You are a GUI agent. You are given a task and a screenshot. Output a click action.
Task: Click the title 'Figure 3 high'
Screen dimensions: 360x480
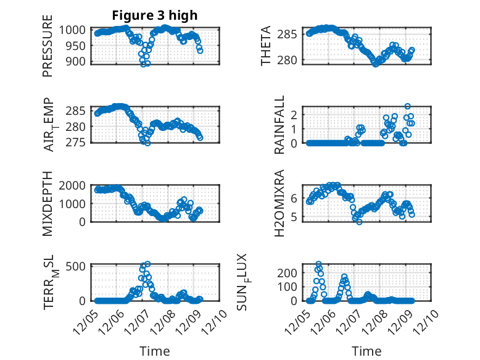155,15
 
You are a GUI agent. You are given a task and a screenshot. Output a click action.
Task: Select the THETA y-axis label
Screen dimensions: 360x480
266,46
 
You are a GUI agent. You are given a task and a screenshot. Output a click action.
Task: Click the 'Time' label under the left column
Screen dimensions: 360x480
155,351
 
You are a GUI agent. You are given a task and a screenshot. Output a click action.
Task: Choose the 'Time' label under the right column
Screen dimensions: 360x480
366,351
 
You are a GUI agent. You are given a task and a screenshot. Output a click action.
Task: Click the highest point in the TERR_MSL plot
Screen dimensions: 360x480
147,264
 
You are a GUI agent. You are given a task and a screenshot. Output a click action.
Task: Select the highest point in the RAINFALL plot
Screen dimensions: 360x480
407,106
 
